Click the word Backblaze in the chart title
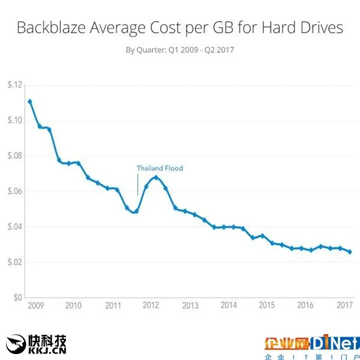(49, 28)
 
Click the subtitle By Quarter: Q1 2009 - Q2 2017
(179, 50)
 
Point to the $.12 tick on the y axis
(14, 85)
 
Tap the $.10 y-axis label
(14, 120)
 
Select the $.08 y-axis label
(14, 156)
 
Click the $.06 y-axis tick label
(14, 191)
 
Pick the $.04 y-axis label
(14, 227)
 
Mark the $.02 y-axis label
(14, 262)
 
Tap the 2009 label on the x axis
(35, 305)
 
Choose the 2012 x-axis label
(151, 305)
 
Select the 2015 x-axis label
(266, 305)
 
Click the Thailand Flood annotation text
(160, 169)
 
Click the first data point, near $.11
(30, 101)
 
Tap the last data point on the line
(350, 252)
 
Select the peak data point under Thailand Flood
(156, 177)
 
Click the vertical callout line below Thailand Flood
(138, 185)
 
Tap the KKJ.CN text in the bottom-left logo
(48, 349)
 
